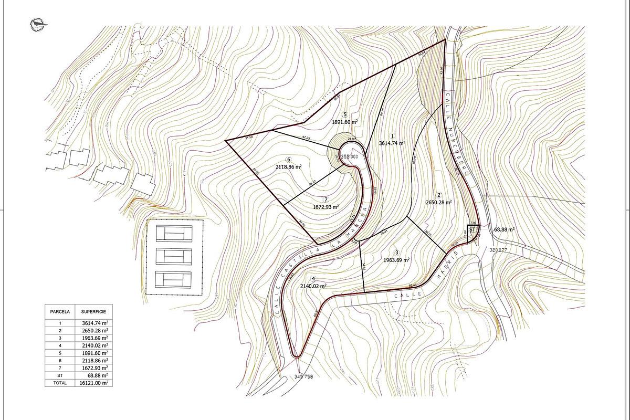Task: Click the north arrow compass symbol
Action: [37, 24]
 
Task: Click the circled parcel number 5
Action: [345, 114]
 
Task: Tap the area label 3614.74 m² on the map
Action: [392, 143]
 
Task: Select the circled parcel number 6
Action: [289, 160]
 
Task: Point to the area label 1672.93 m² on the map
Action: [325, 206]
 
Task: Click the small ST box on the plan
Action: [472, 230]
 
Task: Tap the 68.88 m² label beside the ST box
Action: [504, 230]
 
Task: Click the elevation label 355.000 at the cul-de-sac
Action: [349, 156]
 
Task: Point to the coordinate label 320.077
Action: [498, 250]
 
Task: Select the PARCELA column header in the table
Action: [60, 311]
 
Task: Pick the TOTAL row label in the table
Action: [60, 383]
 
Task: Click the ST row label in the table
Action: [60, 376]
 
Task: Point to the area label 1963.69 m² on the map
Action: [396, 259]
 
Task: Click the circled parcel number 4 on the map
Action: [313, 279]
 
